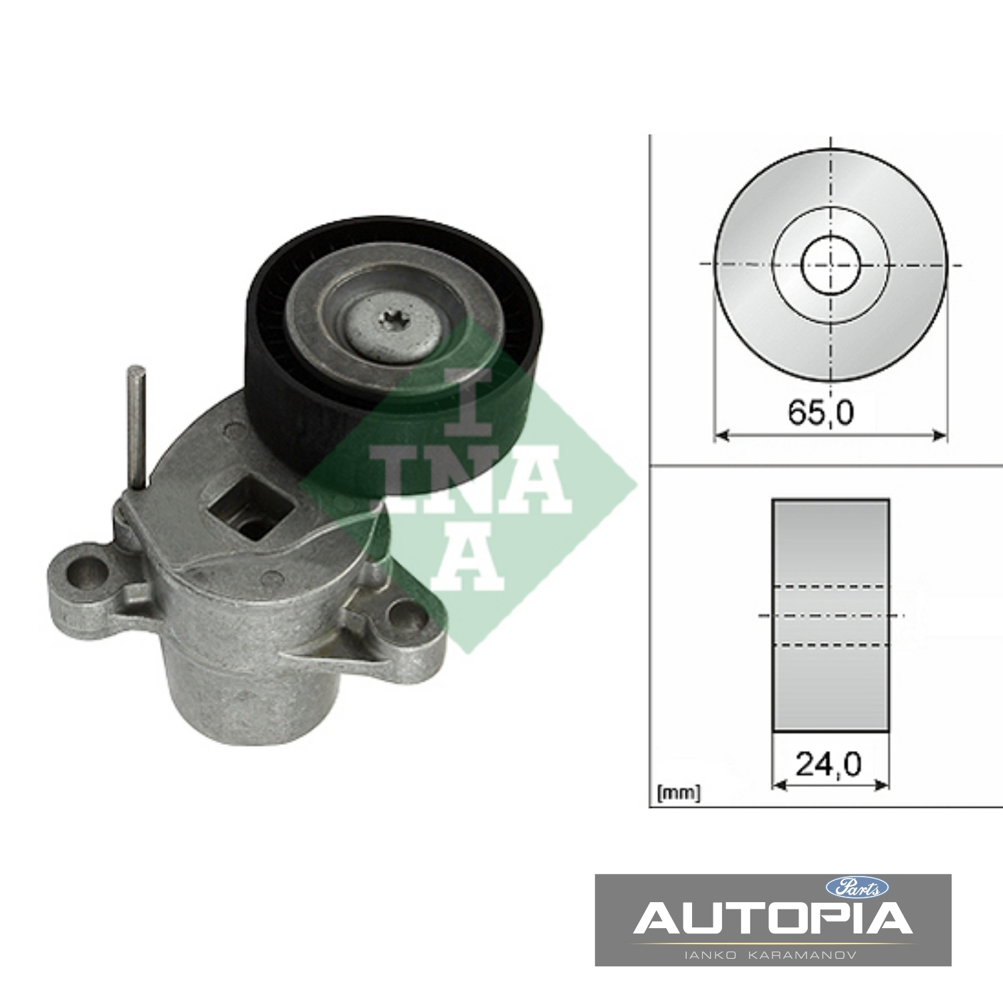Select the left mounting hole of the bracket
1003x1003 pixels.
pyautogui.click(x=90, y=569)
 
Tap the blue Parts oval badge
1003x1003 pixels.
pyautogui.click(x=857, y=887)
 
